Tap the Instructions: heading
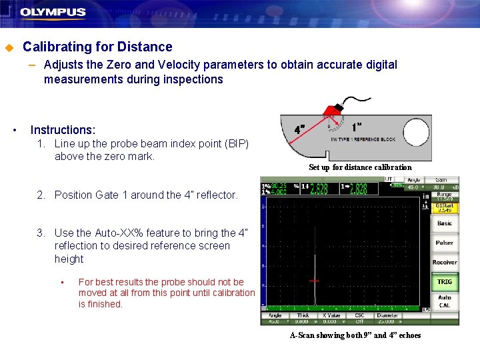tap(63, 130)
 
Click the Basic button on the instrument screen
tap(445, 224)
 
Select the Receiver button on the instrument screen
tap(445, 263)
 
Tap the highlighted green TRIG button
tap(445, 282)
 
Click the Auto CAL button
tap(445, 301)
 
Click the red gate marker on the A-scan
tap(314, 281)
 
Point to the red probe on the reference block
tap(333, 109)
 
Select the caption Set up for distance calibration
tap(360, 167)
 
